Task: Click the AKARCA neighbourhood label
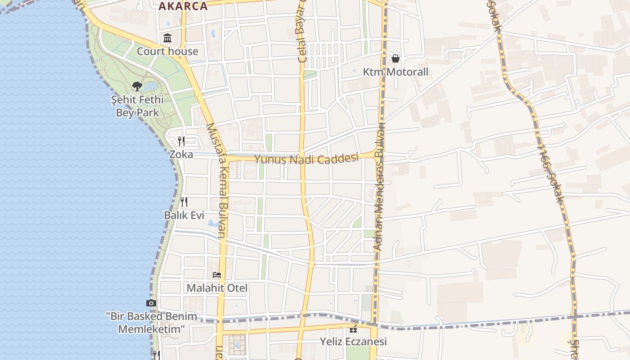183,6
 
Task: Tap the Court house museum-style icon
168,38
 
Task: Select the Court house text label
167,51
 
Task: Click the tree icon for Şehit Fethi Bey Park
137,86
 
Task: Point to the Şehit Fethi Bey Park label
137,106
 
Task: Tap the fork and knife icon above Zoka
181,141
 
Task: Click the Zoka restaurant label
181,154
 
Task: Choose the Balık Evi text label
184,215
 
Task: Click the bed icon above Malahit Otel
217,274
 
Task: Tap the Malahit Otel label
217,288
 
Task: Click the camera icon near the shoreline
151,303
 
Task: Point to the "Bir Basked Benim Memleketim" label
152,323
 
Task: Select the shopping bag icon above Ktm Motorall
396,58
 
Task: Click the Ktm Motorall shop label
396,72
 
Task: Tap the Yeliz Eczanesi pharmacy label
353,342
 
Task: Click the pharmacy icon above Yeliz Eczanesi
353,328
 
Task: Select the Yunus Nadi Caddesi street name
306,159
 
